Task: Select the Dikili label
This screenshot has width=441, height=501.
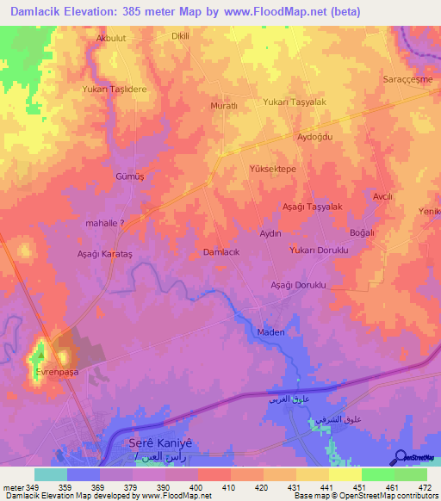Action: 180,37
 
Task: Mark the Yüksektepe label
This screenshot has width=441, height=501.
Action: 272,170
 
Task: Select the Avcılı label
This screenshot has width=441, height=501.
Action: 382,197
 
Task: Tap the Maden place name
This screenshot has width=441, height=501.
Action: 271,331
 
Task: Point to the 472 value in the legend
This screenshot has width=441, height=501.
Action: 425,486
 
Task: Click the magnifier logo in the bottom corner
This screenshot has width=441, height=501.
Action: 400,458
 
